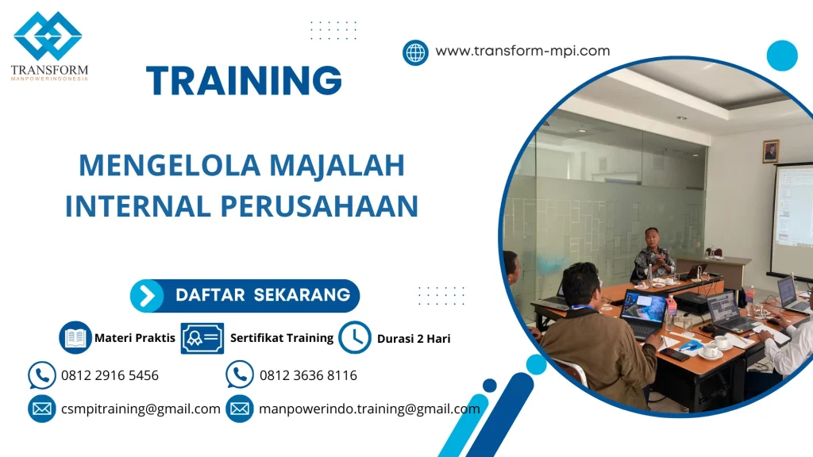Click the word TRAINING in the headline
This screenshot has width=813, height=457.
point(244,81)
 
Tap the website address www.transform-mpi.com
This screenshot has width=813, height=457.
point(522,52)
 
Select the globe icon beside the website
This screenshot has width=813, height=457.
point(415,53)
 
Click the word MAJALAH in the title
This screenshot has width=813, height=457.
point(337,165)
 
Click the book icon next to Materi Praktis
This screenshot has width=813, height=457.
point(75,338)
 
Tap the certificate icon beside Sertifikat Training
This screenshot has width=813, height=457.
point(202,338)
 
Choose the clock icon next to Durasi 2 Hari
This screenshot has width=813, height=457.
point(354,338)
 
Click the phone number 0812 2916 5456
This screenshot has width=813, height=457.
point(110,375)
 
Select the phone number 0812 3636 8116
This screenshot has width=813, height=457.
point(308,375)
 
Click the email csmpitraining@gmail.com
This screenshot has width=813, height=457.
point(141,409)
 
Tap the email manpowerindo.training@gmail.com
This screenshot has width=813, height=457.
point(369,409)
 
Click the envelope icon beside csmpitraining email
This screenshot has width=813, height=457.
point(41,409)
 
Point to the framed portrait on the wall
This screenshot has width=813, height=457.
point(770,152)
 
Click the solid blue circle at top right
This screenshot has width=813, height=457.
point(782,56)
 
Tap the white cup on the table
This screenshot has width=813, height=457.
point(710,350)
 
